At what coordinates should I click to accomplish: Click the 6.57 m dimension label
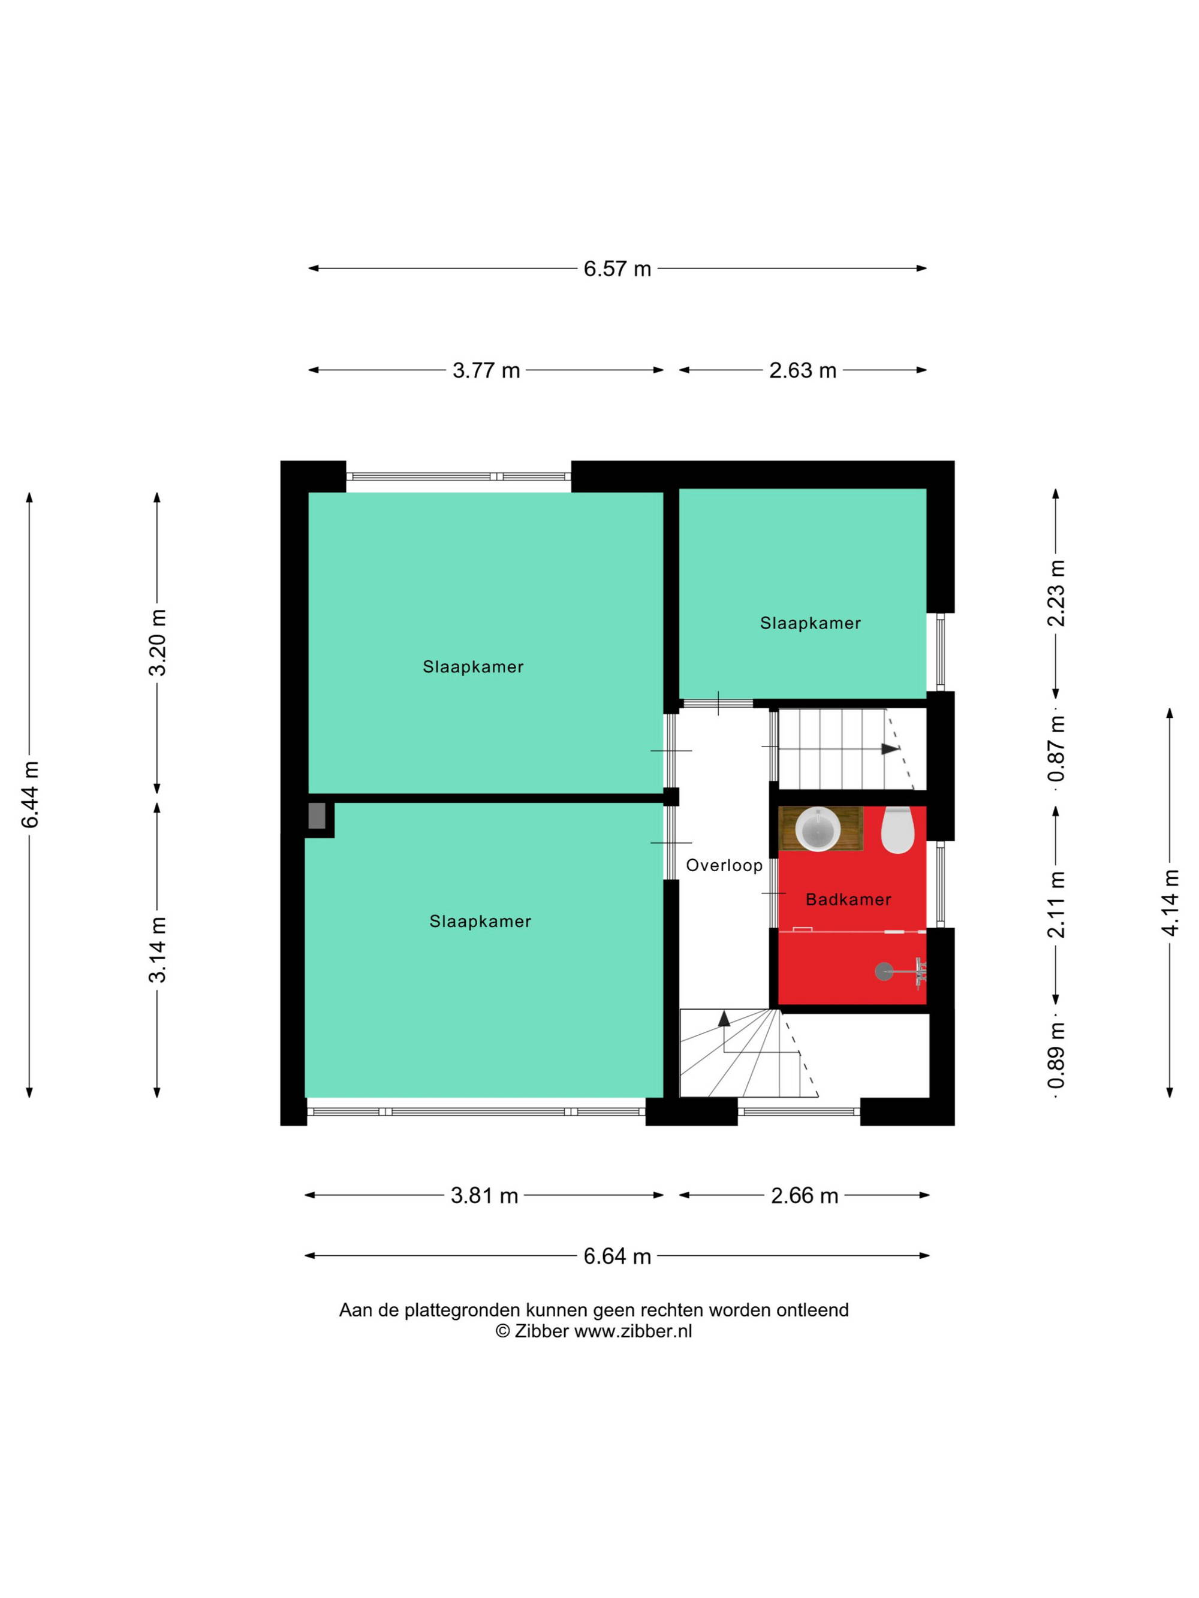tap(617, 269)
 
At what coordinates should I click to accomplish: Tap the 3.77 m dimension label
tap(486, 371)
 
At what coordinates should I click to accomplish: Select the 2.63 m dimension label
tap(802, 371)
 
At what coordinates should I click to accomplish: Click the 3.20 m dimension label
tap(158, 642)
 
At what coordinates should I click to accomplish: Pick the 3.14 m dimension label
tap(158, 949)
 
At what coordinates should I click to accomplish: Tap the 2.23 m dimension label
tap(1056, 593)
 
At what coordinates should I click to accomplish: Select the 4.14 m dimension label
tap(1170, 902)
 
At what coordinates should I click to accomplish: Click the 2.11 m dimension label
tap(1056, 905)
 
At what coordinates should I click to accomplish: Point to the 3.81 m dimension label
tap(484, 1195)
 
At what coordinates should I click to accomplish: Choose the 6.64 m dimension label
tap(617, 1256)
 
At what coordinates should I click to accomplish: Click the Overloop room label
tap(724, 865)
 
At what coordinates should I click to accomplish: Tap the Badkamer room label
tap(848, 899)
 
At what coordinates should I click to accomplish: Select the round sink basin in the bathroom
tap(817, 829)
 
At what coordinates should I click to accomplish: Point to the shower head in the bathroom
tap(884, 972)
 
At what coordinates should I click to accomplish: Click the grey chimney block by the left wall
tap(317, 815)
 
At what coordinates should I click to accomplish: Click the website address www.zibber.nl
tap(632, 1331)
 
